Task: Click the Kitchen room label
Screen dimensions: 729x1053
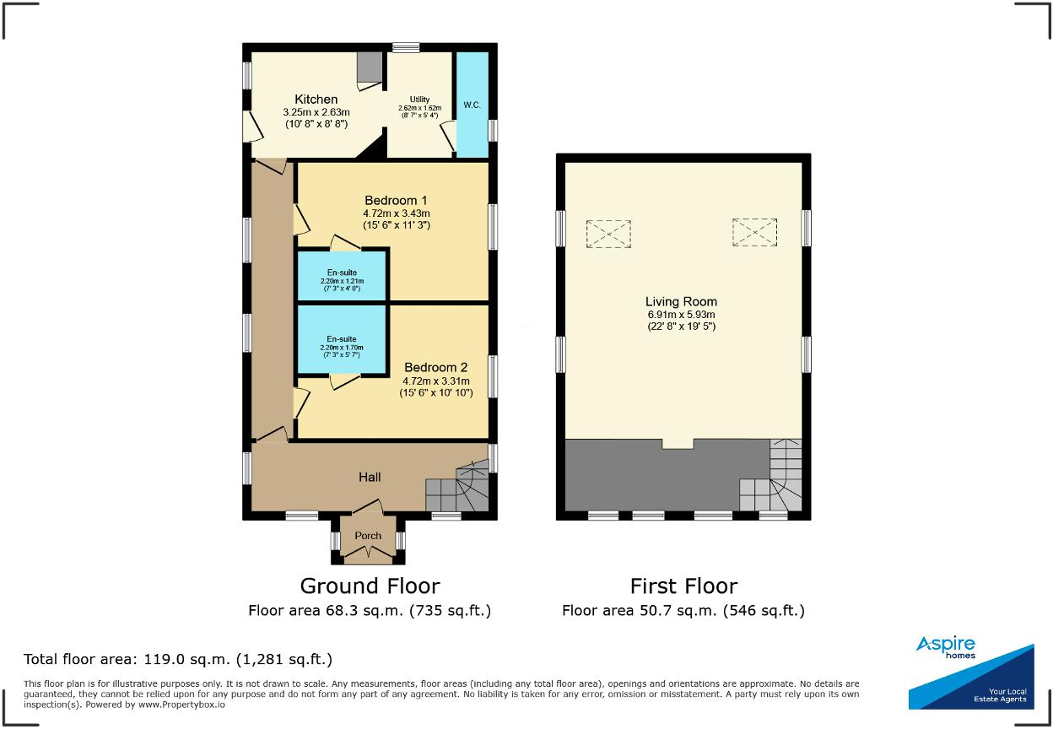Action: [316, 100]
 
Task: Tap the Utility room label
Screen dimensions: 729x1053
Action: [419, 100]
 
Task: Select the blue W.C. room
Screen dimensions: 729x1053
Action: [472, 105]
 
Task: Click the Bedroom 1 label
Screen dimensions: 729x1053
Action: [391, 200]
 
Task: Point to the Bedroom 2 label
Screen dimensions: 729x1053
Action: [435, 368]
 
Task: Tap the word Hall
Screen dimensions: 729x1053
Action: [370, 477]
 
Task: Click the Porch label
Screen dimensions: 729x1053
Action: [368, 536]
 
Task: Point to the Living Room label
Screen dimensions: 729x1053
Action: [681, 301]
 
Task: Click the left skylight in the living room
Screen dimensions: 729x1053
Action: [607, 233]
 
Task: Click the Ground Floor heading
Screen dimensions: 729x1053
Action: [370, 586]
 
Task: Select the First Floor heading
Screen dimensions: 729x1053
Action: [683, 586]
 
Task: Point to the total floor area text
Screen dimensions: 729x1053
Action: [178, 659]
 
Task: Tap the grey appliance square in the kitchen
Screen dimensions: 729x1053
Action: [369, 67]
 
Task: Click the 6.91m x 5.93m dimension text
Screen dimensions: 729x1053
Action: [681, 314]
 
